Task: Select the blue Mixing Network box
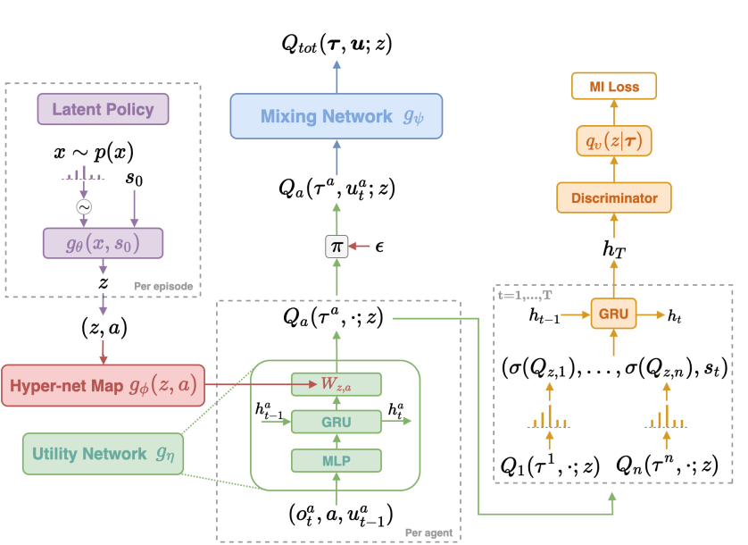336,117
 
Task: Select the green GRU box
336,421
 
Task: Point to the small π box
336,244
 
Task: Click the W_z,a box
336,384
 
